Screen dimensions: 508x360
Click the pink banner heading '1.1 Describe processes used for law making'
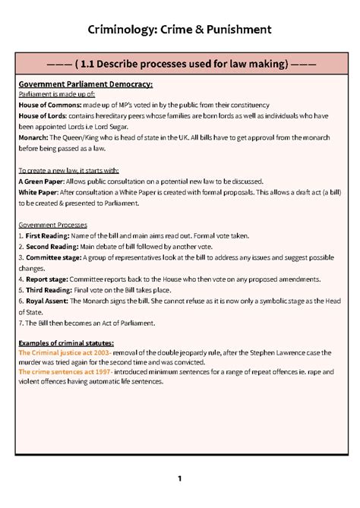(180, 64)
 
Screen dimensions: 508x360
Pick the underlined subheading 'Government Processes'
(52, 226)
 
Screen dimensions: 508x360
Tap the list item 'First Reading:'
(47, 236)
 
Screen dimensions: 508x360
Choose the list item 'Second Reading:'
(51, 248)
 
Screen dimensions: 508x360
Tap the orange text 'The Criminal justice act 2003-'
(65, 353)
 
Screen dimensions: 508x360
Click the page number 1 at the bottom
(179, 478)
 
